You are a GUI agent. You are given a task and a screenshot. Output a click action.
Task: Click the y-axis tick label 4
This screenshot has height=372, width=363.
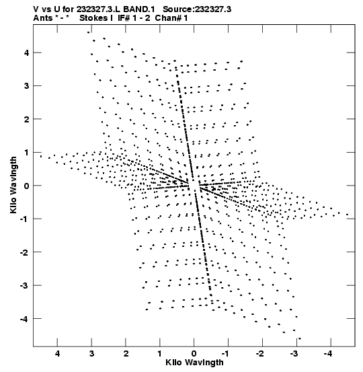click(26, 52)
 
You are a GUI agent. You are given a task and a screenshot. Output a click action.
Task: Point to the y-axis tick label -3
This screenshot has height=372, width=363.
click(25, 285)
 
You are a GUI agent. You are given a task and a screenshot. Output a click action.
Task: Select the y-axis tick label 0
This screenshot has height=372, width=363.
click(26, 186)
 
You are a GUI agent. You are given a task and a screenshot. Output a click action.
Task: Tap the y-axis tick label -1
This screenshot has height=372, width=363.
click(25, 219)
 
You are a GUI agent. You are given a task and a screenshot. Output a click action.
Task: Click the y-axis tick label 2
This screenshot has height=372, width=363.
click(26, 119)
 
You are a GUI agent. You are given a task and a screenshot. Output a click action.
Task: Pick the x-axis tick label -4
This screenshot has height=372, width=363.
click(329, 354)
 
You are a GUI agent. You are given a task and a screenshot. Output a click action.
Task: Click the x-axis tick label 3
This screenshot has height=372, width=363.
click(91, 354)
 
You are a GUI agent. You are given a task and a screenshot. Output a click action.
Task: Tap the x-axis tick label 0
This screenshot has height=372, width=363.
click(194, 354)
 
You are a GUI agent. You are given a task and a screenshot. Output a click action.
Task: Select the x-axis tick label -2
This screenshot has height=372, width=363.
click(260, 354)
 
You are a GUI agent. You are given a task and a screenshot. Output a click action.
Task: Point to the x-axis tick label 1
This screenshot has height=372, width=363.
click(160, 354)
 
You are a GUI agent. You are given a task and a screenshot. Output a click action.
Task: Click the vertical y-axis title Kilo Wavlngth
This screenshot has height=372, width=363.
click(13, 185)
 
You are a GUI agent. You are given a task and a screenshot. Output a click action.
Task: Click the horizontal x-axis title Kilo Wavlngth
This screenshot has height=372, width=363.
click(194, 363)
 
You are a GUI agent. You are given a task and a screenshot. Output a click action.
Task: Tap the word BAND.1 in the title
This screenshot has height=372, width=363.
click(139, 9)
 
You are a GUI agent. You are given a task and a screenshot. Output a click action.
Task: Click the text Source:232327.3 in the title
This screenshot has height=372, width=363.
click(197, 9)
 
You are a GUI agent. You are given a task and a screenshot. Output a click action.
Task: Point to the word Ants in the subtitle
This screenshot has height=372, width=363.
click(42, 18)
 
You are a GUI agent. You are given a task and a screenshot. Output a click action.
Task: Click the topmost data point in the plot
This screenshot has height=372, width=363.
click(89, 32)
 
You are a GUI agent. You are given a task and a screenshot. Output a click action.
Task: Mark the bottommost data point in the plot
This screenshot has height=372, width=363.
click(300, 338)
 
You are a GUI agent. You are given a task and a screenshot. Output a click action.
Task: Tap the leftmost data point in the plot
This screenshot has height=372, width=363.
click(41, 156)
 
